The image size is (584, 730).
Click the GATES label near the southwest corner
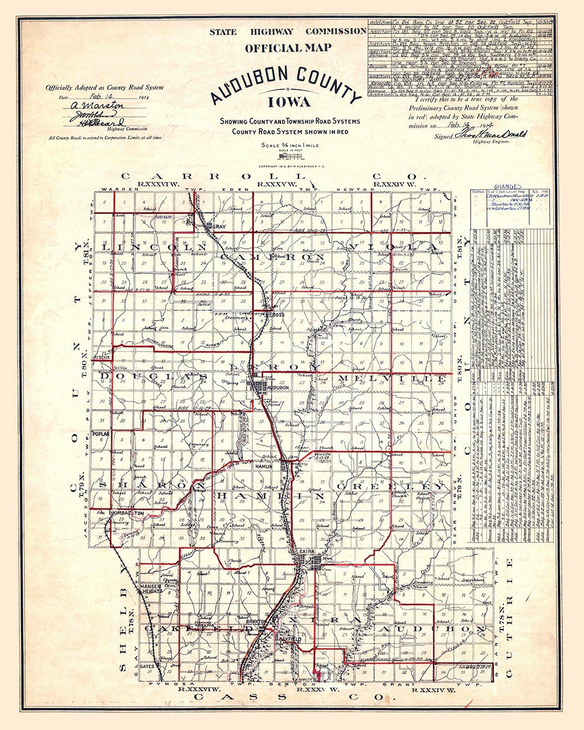point(146,666)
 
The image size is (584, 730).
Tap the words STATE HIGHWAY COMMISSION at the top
point(288,32)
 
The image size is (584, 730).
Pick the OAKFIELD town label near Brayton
point(288,640)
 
